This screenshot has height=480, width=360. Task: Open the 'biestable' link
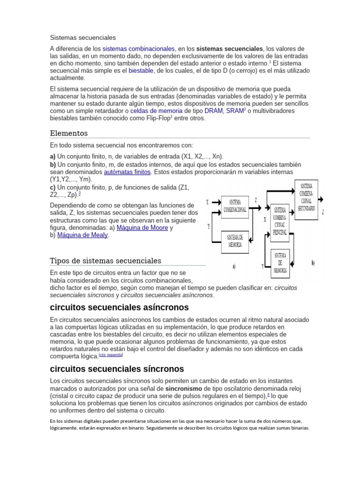click(x=141, y=70)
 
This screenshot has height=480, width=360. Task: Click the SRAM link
click(x=235, y=111)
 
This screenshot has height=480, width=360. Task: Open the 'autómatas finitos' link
click(x=127, y=172)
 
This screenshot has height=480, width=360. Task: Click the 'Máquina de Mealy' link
click(x=82, y=235)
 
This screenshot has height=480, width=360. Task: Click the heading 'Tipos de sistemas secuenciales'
click(x=105, y=261)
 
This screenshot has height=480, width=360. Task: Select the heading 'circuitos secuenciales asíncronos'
click(x=119, y=307)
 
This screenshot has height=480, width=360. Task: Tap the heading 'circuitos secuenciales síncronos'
click(x=117, y=368)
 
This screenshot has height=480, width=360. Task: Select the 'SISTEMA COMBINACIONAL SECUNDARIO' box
click(x=307, y=197)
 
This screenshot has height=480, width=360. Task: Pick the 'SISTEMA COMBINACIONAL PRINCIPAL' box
click(x=280, y=221)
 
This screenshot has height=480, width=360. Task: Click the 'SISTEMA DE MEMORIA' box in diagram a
click(x=235, y=241)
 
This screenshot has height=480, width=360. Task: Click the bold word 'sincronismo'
click(x=184, y=389)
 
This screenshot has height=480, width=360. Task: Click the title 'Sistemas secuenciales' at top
click(x=82, y=37)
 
